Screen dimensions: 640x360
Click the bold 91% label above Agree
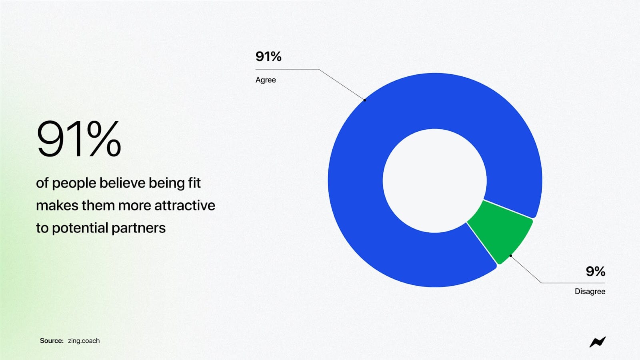click(268, 56)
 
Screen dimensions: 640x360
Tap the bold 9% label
click(596, 271)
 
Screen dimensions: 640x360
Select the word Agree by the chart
click(266, 80)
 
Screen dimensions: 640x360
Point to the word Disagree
click(590, 292)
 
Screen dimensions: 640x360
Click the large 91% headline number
click(78, 139)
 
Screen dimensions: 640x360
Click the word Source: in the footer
click(52, 340)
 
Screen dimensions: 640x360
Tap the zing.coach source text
click(84, 341)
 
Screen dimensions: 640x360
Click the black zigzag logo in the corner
click(598, 342)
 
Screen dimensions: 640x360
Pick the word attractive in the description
click(185, 206)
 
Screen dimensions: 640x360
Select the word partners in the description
click(138, 228)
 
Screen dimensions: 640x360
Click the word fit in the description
click(194, 183)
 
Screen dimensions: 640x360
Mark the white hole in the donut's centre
click(434, 180)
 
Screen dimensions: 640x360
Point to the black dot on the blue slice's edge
click(364, 100)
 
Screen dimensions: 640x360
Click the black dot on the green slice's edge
click(510, 256)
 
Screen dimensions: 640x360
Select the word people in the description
click(74, 183)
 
